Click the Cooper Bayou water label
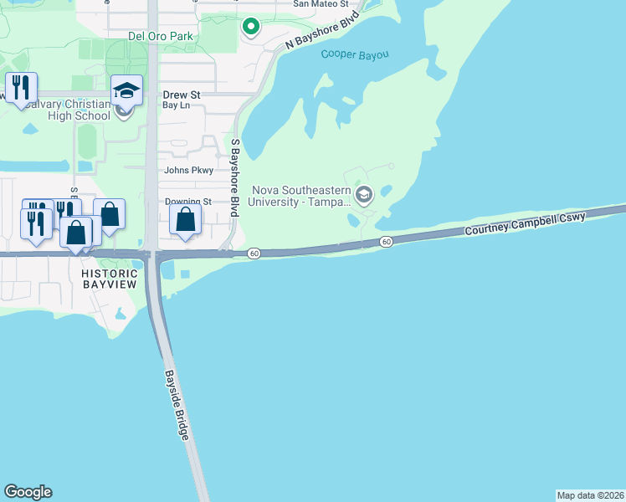tap(355, 55)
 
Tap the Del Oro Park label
tap(160, 36)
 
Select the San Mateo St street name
tap(321, 4)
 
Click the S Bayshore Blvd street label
tap(236, 179)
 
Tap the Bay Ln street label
tap(176, 106)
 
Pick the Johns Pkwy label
tap(189, 170)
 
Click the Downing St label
tap(187, 202)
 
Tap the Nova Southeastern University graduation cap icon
tap(363, 196)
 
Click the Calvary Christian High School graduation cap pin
tap(126, 90)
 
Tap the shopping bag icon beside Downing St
tap(185, 221)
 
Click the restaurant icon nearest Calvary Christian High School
tap(21, 86)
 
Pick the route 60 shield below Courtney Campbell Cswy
tap(385, 242)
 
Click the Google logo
tap(28, 492)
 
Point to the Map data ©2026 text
tap(590, 494)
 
